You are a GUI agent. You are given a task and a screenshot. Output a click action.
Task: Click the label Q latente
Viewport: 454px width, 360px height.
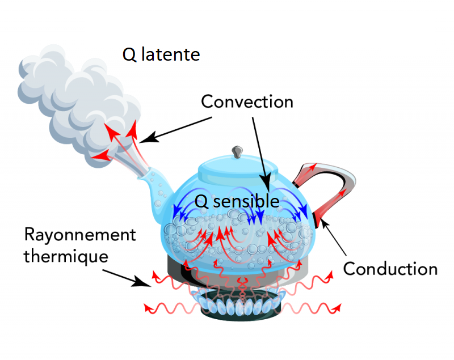161,55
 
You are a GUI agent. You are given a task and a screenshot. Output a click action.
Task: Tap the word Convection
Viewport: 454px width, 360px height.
247,102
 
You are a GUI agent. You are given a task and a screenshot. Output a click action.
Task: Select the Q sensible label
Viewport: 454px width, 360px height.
237,201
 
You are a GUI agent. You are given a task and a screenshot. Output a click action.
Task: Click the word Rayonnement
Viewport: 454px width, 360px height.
80,235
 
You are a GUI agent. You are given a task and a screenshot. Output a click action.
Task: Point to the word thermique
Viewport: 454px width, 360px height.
66,256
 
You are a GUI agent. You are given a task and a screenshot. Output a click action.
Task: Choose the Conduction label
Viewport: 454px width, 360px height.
390,268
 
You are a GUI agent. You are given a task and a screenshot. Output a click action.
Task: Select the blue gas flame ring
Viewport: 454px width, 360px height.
241,306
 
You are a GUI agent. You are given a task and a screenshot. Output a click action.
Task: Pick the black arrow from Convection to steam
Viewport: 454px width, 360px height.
176,128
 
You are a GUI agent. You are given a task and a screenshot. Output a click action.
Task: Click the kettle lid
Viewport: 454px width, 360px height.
238,167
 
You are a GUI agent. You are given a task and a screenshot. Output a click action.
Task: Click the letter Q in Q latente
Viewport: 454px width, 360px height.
129,55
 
